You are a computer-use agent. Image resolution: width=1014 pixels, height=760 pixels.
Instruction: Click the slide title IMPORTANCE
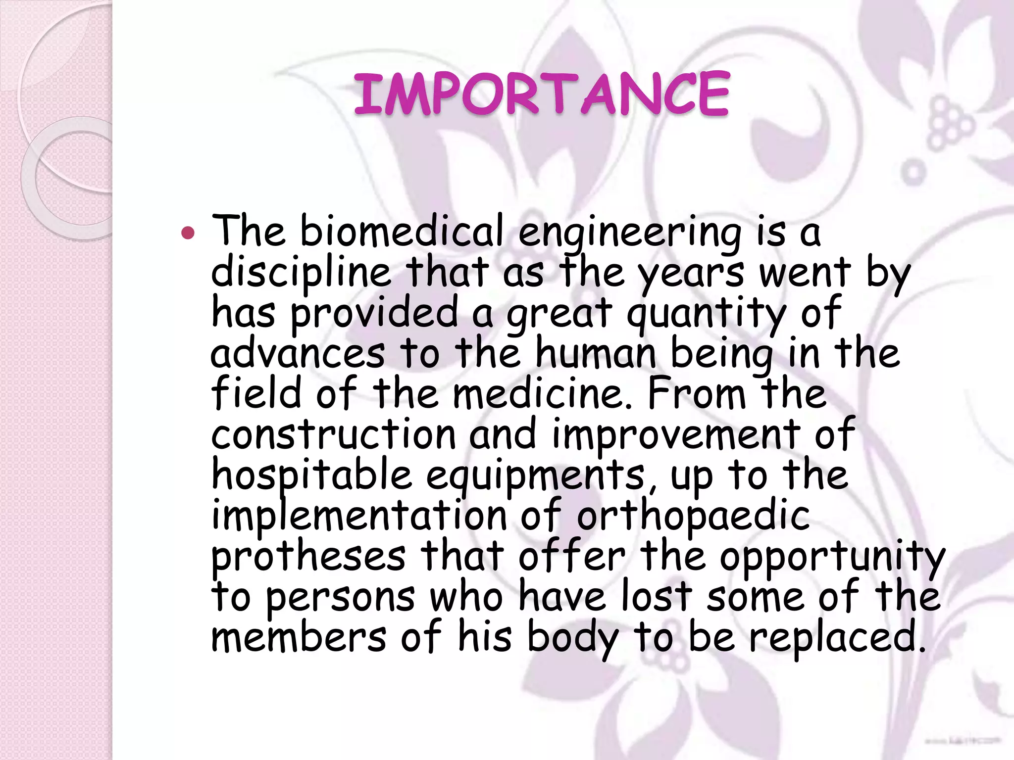click(541, 94)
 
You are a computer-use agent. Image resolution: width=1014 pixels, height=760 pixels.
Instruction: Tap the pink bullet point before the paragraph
click(188, 232)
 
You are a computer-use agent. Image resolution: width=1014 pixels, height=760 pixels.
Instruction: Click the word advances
click(298, 353)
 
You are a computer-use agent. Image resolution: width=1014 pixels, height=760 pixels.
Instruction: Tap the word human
click(596, 353)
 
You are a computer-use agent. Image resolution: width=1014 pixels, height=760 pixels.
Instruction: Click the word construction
click(333, 434)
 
